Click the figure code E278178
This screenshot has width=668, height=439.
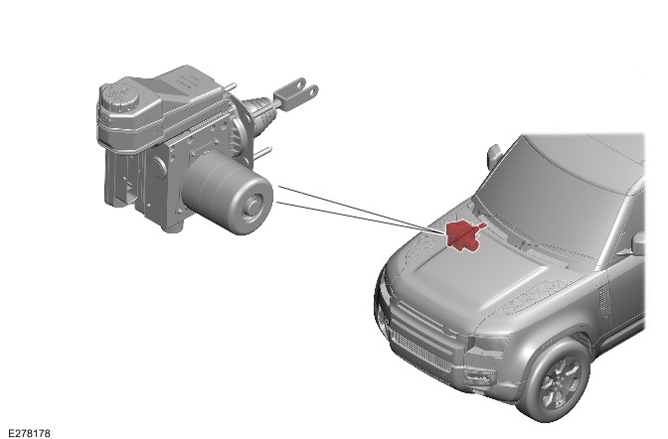click(29, 433)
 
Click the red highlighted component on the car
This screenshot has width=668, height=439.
click(463, 235)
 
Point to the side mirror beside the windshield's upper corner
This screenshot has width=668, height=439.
click(494, 155)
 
